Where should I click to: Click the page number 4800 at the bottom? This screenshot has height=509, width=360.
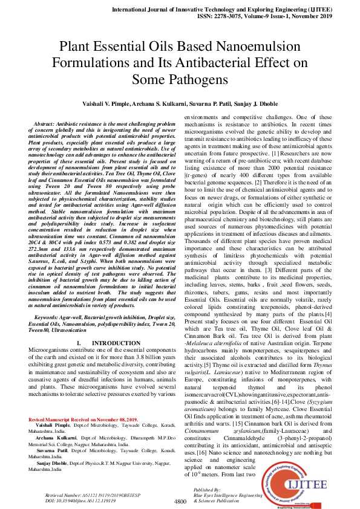[180, 502]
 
